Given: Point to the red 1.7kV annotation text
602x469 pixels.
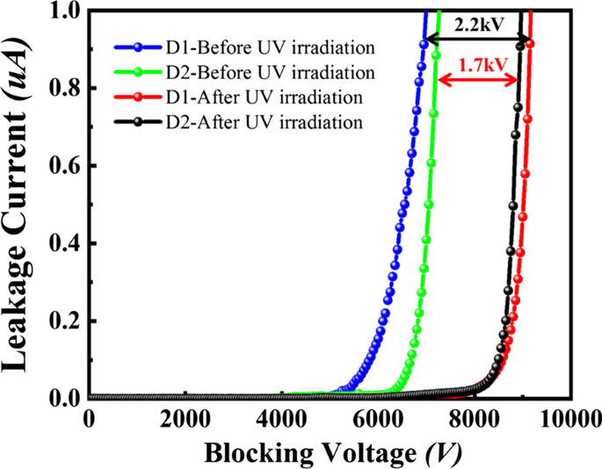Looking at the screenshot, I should tap(479, 63).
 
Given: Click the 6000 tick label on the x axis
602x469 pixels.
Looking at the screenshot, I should tap(378, 419).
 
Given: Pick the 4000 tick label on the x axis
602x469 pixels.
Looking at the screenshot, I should tap(281, 419).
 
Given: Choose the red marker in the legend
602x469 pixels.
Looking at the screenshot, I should tap(137, 97).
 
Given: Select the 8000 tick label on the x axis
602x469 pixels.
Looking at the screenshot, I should tap(475, 419).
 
